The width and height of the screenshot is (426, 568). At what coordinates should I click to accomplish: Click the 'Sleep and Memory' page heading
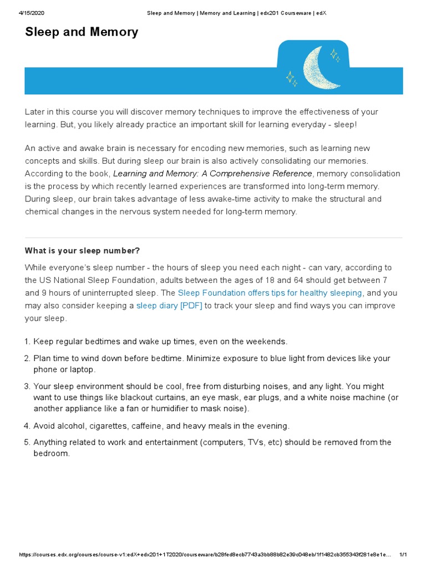click(x=82, y=32)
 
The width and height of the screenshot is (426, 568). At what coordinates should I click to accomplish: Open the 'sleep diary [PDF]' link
click(x=169, y=305)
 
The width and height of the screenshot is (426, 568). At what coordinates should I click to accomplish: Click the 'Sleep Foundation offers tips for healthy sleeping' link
click(x=270, y=292)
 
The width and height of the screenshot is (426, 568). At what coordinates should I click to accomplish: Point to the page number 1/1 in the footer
click(x=403, y=555)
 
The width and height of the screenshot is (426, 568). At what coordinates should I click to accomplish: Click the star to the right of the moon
click(x=334, y=54)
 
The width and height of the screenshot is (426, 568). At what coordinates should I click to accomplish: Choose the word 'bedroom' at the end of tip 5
click(x=51, y=453)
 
